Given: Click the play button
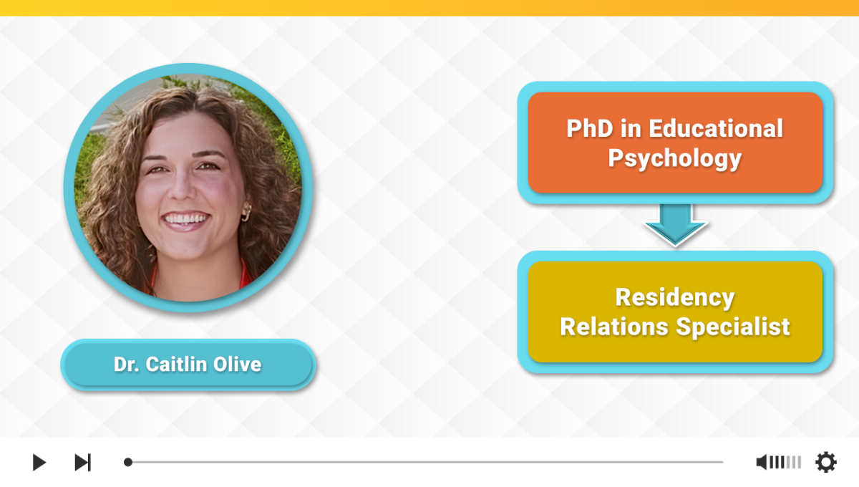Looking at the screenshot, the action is tap(39, 462).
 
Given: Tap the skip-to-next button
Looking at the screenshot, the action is tap(83, 462).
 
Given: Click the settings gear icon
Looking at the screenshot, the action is tap(825, 462).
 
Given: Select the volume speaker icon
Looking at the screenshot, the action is tap(761, 462).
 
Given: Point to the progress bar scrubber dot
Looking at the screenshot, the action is tap(128, 462).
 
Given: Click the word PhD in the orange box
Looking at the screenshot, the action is tap(590, 128).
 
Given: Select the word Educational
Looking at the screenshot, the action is tap(716, 128).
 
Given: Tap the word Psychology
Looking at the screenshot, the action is tap(675, 158).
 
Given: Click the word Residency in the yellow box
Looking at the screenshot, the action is tap(675, 298).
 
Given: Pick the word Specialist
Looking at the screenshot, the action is tap(733, 327).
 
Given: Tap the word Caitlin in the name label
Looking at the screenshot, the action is tap(177, 365).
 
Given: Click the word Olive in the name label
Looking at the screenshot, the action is tap(238, 365).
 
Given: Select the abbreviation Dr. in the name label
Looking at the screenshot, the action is tap(127, 365).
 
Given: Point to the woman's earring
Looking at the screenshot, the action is tap(246, 213).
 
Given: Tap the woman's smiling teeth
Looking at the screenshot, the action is tap(185, 218).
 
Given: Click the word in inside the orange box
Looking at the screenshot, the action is tap(631, 128).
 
